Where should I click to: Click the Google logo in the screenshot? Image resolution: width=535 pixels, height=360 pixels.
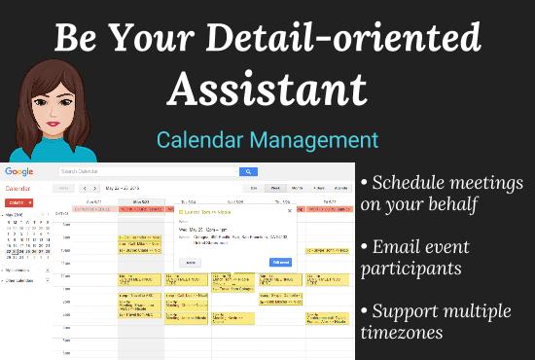click(x=18, y=171)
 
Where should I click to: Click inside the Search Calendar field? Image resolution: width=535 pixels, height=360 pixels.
click(x=146, y=171)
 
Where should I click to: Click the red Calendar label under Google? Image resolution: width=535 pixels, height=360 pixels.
click(x=17, y=187)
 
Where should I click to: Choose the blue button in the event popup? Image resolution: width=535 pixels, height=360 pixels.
click(x=281, y=262)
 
